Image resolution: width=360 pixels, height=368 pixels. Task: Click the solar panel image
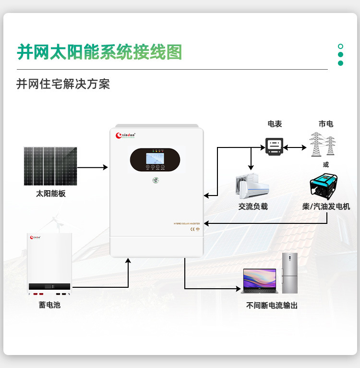50,166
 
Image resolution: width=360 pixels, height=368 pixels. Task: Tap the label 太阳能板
50,194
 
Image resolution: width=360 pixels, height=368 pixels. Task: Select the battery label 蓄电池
50,305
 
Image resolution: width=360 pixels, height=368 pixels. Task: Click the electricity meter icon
275,145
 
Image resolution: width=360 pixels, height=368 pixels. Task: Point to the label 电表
275,124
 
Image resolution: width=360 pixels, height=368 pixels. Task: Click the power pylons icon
322,144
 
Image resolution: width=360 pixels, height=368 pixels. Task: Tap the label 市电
325,124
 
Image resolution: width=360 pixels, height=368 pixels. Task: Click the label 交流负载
253,207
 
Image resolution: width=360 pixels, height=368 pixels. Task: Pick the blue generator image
325,186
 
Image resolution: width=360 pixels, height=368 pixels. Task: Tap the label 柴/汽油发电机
326,207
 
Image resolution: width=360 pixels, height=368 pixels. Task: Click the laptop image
260,281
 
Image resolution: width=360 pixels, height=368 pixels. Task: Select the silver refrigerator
289,273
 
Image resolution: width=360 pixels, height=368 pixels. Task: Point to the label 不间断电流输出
272,305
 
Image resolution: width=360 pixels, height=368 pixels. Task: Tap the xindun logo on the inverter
127,136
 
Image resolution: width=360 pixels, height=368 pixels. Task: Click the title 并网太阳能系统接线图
100,52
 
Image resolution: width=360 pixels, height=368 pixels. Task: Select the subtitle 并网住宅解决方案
63,84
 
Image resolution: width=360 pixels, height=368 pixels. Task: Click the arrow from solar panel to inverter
92,167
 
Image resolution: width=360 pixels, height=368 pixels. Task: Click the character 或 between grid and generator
326,164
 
